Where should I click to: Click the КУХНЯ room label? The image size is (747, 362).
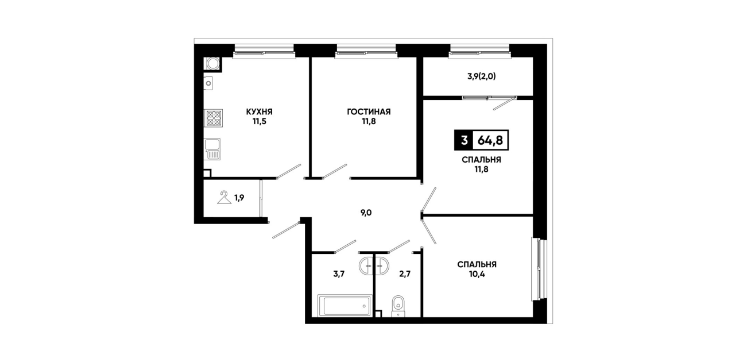260,111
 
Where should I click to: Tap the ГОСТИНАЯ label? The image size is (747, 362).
369,111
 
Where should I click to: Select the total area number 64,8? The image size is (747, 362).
490,140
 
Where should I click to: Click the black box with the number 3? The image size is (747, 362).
464,140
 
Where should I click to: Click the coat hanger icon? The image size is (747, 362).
224,198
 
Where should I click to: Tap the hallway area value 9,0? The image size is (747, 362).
366,213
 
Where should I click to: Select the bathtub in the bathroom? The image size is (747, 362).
345,305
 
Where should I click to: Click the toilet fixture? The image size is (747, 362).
398,306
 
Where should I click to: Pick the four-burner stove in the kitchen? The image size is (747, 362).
214,118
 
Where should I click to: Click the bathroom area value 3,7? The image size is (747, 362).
339,274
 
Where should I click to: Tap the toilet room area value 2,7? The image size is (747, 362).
405,274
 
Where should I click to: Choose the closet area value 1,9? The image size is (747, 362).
239,198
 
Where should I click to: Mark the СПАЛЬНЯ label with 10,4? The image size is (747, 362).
477,264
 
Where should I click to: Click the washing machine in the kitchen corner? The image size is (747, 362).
212,64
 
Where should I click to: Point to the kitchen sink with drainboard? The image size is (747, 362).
212,149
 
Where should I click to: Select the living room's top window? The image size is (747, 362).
366,52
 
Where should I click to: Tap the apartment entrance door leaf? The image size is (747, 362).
287,229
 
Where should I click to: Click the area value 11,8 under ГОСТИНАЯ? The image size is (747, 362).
369,121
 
